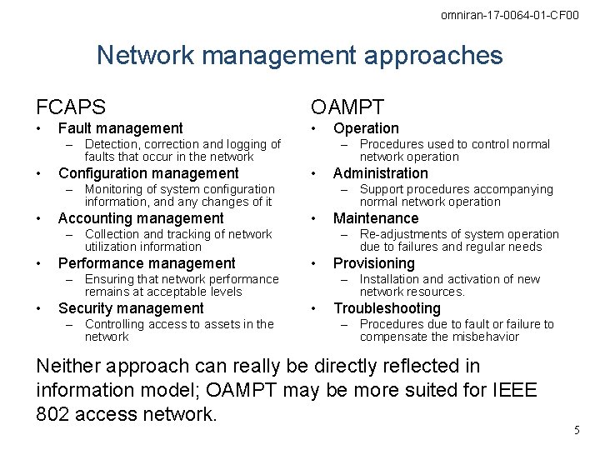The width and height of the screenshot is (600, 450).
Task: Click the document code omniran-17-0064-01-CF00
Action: pyautogui.click(x=509, y=16)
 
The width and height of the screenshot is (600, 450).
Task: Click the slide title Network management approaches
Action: pyautogui.click(x=300, y=56)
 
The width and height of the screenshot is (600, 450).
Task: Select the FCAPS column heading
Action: pyautogui.click(x=71, y=107)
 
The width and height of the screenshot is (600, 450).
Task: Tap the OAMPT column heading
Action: pyautogui.click(x=347, y=107)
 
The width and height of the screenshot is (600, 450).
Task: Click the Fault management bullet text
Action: pyautogui.click(x=120, y=128)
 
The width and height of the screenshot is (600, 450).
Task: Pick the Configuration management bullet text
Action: pyautogui.click(x=148, y=173)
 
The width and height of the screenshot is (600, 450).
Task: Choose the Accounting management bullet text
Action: pyautogui.click(x=141, y=218)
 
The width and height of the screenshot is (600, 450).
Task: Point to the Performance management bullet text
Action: pyautogui.click(x=147, y=263)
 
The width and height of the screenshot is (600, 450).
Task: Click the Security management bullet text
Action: pyautogui.click(x=131, y=308)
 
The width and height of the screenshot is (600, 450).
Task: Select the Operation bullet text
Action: pyautogui.click(x=366, y=128)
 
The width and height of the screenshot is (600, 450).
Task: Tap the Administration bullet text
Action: pyautogui.click(x=380, y=173)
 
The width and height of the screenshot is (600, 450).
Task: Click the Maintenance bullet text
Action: pyautogui.click(x=376, y=218)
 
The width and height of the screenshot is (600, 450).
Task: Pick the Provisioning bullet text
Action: pyautogui.click(x=373, y=263)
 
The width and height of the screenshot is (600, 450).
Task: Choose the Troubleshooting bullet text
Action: pyautogui.click(x=387, y=308)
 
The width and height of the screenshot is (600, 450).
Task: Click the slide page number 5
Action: pyautogui.click(x=576, y=430)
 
